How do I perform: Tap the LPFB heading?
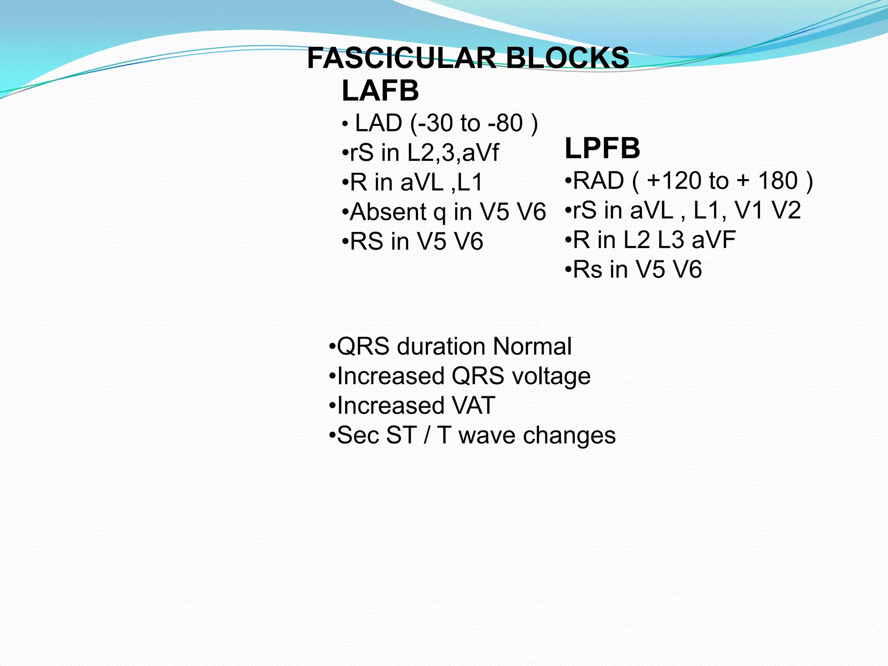click(602, 148)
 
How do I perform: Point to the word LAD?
click(379, 123)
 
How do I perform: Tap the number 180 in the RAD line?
click(778, 180)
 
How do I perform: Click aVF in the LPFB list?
click(714, 240)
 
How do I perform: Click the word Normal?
click(532, 346)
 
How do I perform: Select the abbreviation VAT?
click(473, 406)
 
